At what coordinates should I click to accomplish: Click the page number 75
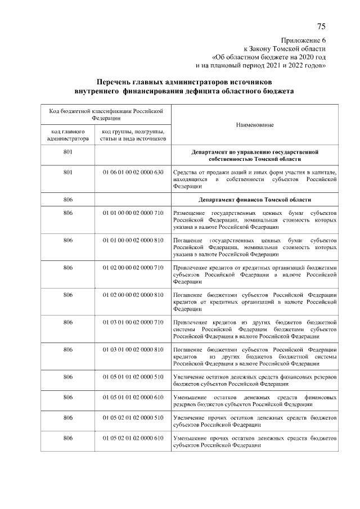[x=321, y=26]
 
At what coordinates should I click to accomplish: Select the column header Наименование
[x=255, y=124]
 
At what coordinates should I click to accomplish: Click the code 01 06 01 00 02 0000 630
[x=133, y=172]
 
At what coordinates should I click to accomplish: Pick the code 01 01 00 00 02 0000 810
[x=133, y=240]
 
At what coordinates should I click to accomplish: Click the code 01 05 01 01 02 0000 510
[x=133, y=377]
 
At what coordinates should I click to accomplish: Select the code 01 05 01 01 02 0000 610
[x=133, y=397]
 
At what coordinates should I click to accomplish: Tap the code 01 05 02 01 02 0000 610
[x=133, y=438]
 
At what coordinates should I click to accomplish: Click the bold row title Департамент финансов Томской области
[x=255, y=200]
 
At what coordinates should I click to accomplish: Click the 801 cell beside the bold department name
[x=68, y=152]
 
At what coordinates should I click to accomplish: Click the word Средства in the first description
[x=185, y=172]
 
